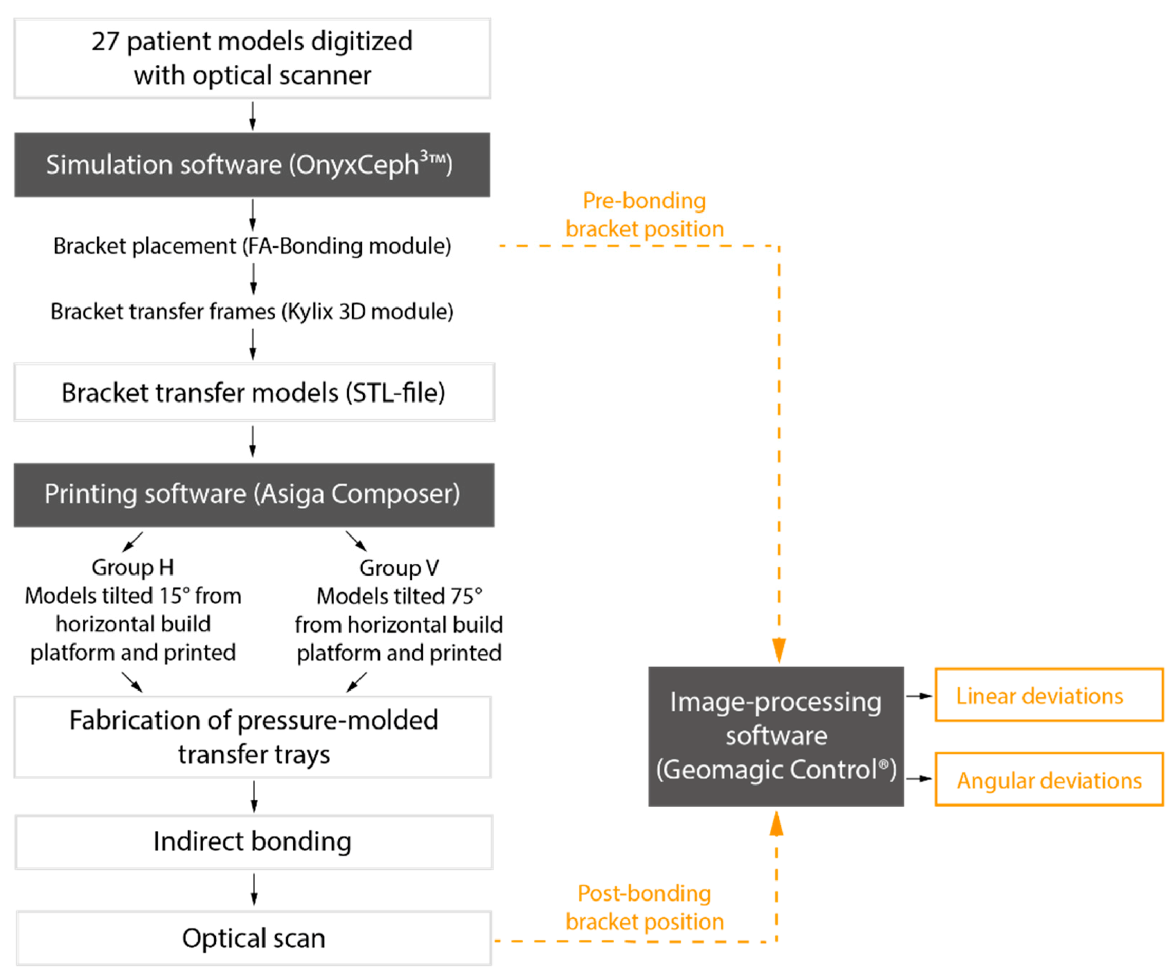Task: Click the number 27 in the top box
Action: click(105, 42)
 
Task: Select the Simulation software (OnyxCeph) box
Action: click(252, 165)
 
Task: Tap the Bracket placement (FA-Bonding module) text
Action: click(252, 246)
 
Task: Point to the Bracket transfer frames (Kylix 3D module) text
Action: click(252, 312)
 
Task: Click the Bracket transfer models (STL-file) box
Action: click(254, 392)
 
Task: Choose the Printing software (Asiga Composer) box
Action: click(254, 495)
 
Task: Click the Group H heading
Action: click(133, 568)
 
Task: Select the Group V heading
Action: click(399, 568)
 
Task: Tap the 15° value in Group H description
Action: click(175, 596)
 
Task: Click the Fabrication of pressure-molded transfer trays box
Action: click(253, 737)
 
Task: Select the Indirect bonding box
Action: click(254, 842)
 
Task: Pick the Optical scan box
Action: click(254, 938)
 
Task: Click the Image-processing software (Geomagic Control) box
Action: click(776, 737)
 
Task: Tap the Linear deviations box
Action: click(1049, 695)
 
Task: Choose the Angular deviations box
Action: click(1049, 779)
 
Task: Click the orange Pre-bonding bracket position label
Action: click(645, 215)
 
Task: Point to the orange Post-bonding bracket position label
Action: click(645, 907)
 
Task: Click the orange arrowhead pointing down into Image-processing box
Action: click(779, 650)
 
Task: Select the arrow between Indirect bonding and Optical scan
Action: click(254, 890)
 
